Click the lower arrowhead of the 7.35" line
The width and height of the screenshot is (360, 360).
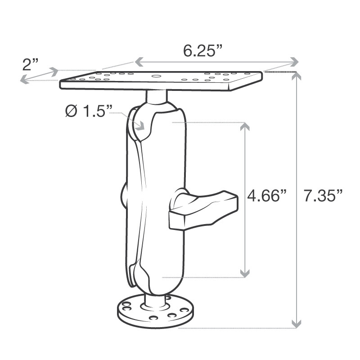[x=296, y=323]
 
